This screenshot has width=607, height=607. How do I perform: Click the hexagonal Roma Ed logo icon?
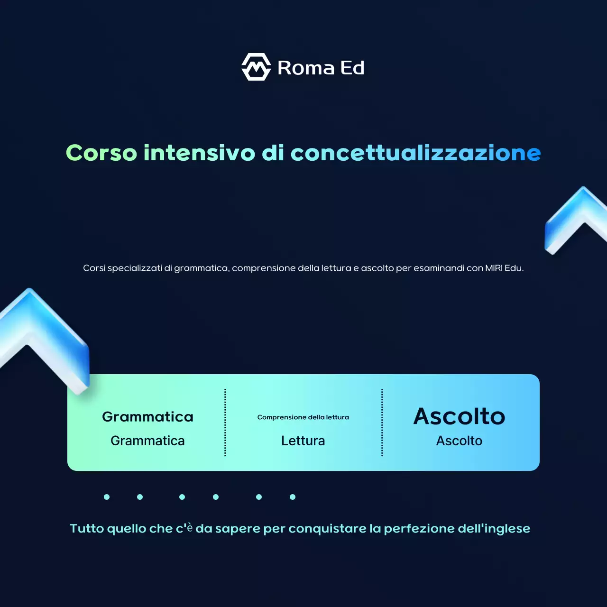coord(256,67)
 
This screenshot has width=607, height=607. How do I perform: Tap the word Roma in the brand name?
coord(306,68)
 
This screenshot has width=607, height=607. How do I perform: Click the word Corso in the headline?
coord(101,153)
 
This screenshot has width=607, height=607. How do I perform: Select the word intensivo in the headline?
coord(199,153)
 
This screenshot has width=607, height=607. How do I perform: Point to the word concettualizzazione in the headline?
coord(415,153)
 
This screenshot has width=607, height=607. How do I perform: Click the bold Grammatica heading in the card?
coord(147,417)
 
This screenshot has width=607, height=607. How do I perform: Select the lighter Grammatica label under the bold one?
coord(147,441)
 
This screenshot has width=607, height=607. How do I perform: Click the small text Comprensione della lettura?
coord(303,417)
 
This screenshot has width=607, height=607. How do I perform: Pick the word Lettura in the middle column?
coord(303,441)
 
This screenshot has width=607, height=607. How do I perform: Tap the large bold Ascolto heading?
coord(459,416)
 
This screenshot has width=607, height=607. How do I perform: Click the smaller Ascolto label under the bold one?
coord(459,441)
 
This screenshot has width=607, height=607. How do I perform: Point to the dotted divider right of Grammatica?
coord(225,423)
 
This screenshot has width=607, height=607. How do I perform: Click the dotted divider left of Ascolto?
coord(382,423)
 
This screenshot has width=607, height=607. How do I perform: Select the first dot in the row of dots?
coord(107,497)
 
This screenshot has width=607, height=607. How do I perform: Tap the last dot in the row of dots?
coord(293,497)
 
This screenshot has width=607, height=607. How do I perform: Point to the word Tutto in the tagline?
coord(87,528)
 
